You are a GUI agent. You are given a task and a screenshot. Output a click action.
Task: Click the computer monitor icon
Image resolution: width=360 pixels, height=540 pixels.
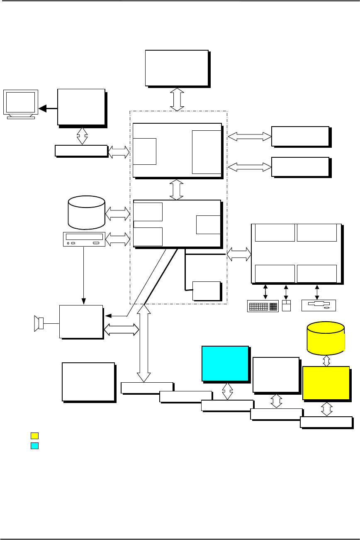pos(20,104)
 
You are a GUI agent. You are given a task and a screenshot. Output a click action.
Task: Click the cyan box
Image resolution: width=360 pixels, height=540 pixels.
pos(225,363)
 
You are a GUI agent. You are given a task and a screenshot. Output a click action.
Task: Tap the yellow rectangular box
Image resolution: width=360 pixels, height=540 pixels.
pos(325,383)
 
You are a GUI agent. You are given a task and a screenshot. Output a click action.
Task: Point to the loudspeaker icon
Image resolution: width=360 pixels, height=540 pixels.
pos(39,323)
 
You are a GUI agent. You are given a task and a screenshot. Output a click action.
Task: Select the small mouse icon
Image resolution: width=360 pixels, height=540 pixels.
pos(286,305)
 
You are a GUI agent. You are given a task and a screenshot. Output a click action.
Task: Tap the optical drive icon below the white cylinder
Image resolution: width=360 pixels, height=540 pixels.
pos(84,239)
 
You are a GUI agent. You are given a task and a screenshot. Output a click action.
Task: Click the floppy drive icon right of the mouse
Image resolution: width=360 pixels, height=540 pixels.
pos(318,306)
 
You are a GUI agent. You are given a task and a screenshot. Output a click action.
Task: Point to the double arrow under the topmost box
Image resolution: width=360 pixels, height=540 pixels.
pos(177,99)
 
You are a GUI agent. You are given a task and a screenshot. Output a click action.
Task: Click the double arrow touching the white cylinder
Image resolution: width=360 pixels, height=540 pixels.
pos(118,214)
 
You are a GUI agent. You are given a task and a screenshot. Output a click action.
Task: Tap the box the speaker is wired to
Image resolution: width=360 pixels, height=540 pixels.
pos(81,322)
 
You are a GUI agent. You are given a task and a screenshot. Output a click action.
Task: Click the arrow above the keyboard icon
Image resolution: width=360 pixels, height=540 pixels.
pos(265,291)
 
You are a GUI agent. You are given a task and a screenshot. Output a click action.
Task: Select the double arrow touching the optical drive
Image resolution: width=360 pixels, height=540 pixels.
pos(118,239)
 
